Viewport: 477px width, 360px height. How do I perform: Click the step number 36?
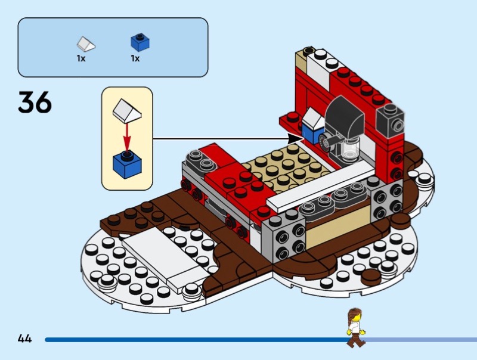pos(35,102)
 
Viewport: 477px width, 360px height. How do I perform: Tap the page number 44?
pos(24,339)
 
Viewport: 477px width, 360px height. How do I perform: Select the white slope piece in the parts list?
pos(86,43)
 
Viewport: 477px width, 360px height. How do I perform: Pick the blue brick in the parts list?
pos(140,42)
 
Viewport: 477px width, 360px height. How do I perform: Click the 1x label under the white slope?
pos(81,59)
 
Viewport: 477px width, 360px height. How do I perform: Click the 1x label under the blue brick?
pos(135,59)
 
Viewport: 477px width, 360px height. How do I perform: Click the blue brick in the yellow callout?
pos(126,163)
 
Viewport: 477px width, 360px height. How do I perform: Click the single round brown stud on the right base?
pos(370,275)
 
